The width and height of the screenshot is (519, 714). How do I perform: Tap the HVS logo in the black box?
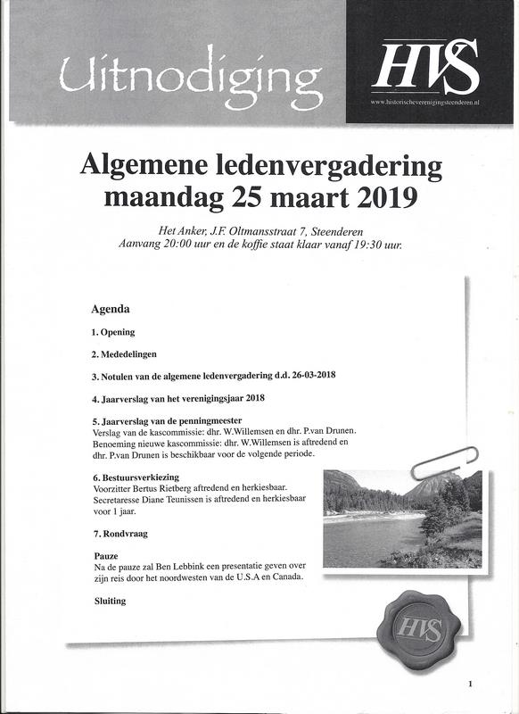(426, 68)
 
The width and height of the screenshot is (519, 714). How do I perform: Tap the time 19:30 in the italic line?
(369, 244)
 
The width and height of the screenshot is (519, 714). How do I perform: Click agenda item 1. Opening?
(113, 332)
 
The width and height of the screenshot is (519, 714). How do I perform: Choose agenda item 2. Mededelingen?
(125, 353)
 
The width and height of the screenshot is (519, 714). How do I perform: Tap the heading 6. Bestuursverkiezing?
(136, 477)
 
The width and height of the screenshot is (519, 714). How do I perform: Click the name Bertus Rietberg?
(165, 489)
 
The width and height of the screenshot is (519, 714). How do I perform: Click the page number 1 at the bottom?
(469, 684)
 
